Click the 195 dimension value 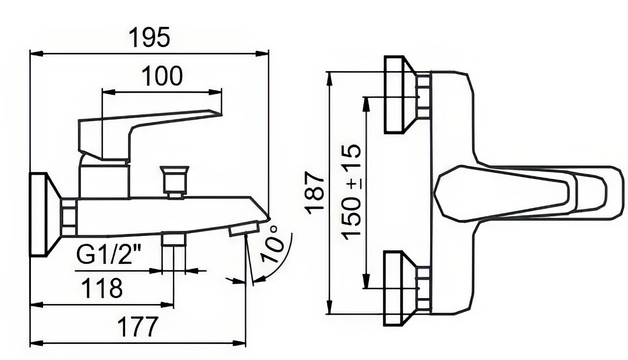pyautogui.click(x=150, y=37)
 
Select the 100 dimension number pyautogui.click(x=162, y=76)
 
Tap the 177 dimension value pyautogui.click(x=137, y=327)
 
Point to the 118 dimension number pyautogui.click(x=102, y=288)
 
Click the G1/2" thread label pyautogui.click(x=108, y=255)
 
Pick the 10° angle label pyautogui.click(x=271, y=243)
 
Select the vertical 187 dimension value pyautogui.click(x=314, y=193)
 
